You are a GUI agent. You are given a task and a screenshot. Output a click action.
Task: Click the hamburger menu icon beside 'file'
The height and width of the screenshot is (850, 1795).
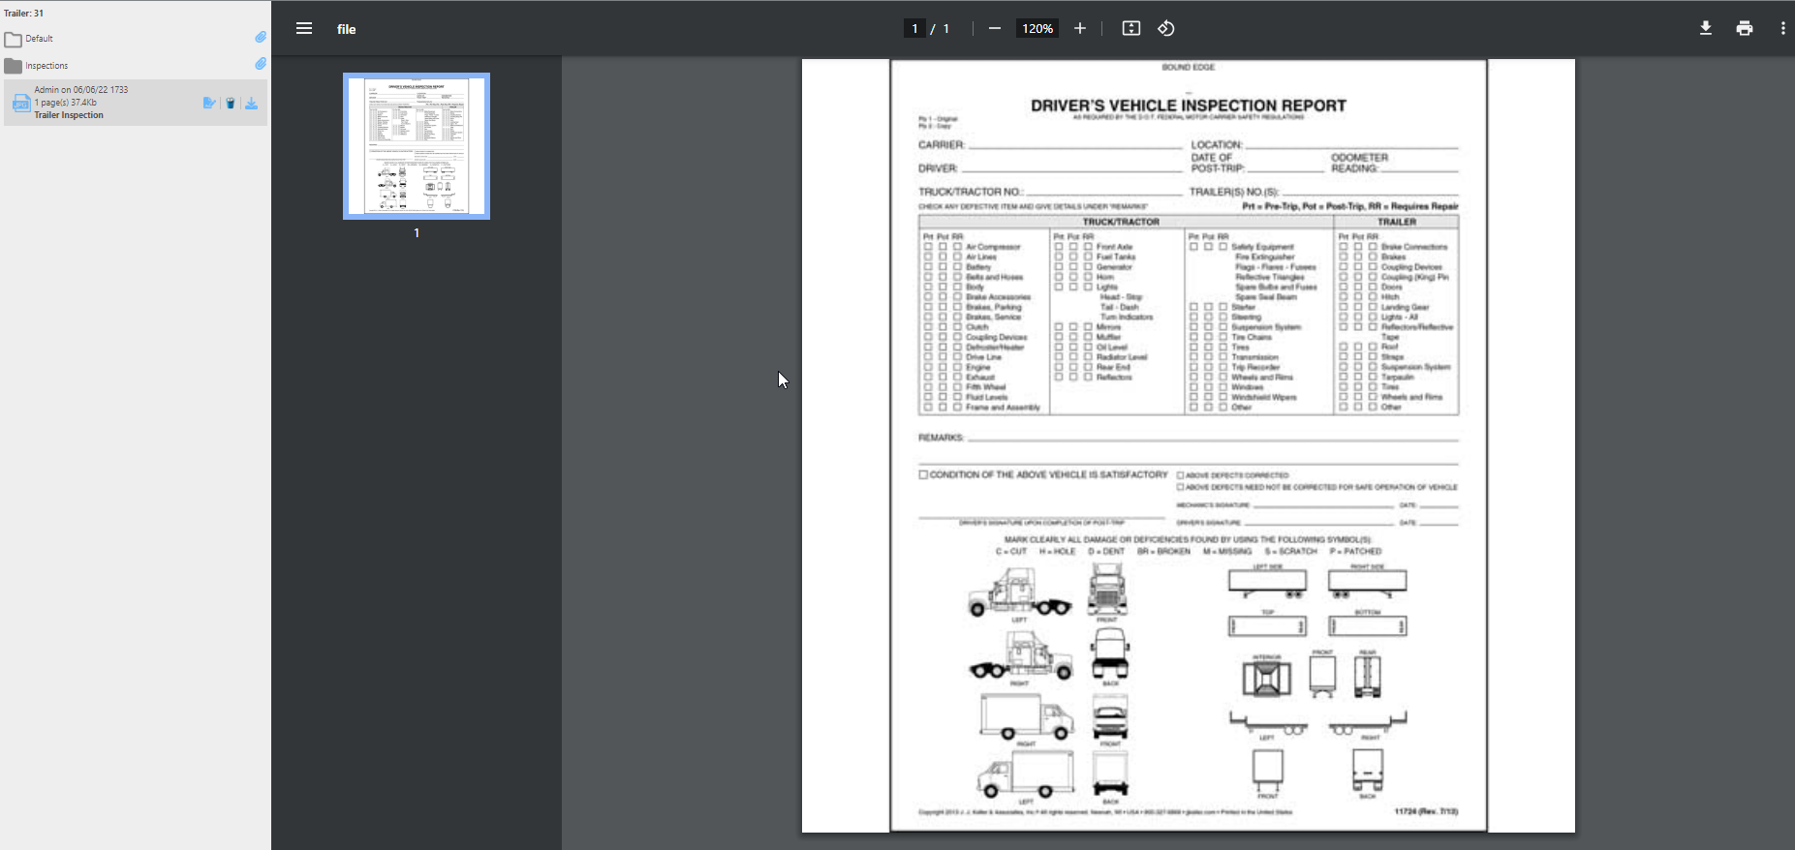click(x=304, y=28)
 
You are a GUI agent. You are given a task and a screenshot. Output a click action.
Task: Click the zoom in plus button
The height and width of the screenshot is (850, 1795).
click(x=1080, y=28)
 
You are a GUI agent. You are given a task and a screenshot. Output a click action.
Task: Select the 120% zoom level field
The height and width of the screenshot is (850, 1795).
click(x=1037, y=28)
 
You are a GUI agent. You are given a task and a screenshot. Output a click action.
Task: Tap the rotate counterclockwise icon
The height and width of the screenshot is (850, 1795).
click(x=1166, y=28)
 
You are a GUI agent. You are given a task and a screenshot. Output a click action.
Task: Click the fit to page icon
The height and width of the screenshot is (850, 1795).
click(x=1131, y=28)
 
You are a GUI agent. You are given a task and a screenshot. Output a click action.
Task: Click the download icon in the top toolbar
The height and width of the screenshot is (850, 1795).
click(x=1706, y=28)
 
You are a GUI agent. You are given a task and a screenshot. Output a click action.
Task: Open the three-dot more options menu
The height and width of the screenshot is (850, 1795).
click(x=1782, y=28)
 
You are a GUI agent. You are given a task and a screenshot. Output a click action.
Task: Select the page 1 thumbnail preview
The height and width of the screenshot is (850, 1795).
click(x=417, y=146)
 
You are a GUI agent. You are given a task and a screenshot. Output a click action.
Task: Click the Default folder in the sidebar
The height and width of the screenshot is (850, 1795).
click(x=39, y=39)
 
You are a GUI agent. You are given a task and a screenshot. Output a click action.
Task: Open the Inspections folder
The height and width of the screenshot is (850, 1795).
click(x=46, y=66)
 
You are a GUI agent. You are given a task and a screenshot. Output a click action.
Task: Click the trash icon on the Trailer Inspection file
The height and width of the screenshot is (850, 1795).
click(x=231, y=104)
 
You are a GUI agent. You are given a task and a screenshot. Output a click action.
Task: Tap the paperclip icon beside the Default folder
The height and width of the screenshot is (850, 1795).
click(x=261, y=38)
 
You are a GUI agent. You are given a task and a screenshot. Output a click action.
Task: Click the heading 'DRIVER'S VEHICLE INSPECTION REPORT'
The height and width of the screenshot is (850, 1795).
click(x=1188, y=106)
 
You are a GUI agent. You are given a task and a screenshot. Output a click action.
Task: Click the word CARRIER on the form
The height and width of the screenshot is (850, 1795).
click(x=942, y=145)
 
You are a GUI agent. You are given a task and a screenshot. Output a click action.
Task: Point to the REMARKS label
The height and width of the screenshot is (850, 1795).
click(x=941, y=438)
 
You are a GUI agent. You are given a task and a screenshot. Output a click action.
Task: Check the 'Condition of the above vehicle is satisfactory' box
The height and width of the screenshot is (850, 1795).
click(x=923, y=475)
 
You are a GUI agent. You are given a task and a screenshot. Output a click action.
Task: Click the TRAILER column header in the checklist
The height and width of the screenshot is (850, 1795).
click(x=1396, y=222)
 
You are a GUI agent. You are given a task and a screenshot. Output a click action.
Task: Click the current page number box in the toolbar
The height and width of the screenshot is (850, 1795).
click(x=914, y=28)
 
